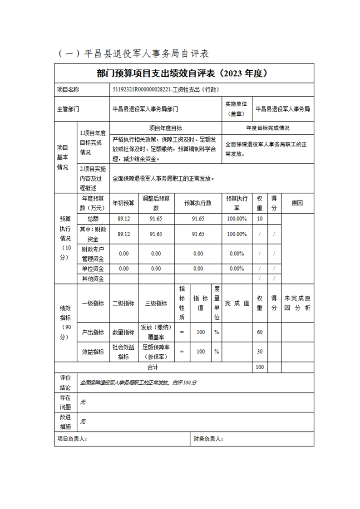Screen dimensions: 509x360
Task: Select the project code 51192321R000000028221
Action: point(142,90)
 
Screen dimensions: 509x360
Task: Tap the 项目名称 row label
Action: point(68,90)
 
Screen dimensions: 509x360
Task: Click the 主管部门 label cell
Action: point(68,109)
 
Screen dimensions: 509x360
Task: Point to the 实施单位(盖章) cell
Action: point(236,109)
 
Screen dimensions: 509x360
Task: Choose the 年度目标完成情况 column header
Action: point(268,128)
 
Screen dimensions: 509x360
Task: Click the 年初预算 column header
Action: point(123,203)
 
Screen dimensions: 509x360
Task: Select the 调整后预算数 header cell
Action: point(156,203)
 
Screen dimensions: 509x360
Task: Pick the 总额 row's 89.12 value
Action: point(123,219)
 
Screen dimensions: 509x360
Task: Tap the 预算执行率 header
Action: point(237,203)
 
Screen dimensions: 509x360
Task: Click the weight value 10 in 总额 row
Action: point(260,219)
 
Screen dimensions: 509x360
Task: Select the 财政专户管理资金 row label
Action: point(93,254)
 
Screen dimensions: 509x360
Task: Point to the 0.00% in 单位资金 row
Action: point(237,269)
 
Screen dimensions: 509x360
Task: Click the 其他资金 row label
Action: point(93,279)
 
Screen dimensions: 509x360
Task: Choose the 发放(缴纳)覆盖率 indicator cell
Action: point(156,332)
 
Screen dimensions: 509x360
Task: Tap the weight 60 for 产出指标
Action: point(260,332)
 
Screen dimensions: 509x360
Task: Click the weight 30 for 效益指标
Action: point(260,352)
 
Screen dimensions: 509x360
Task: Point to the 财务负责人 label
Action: point(208,439)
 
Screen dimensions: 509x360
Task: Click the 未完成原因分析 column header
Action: point(297,303)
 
